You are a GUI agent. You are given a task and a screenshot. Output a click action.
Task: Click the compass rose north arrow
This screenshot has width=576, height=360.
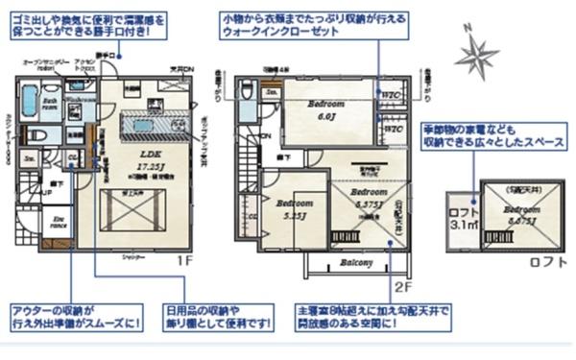(x=476, y=55)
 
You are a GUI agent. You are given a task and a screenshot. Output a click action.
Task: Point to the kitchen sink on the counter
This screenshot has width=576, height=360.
(x=143, y=126)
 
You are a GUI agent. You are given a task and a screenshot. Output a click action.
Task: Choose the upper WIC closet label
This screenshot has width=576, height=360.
(x=391, y=99)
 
